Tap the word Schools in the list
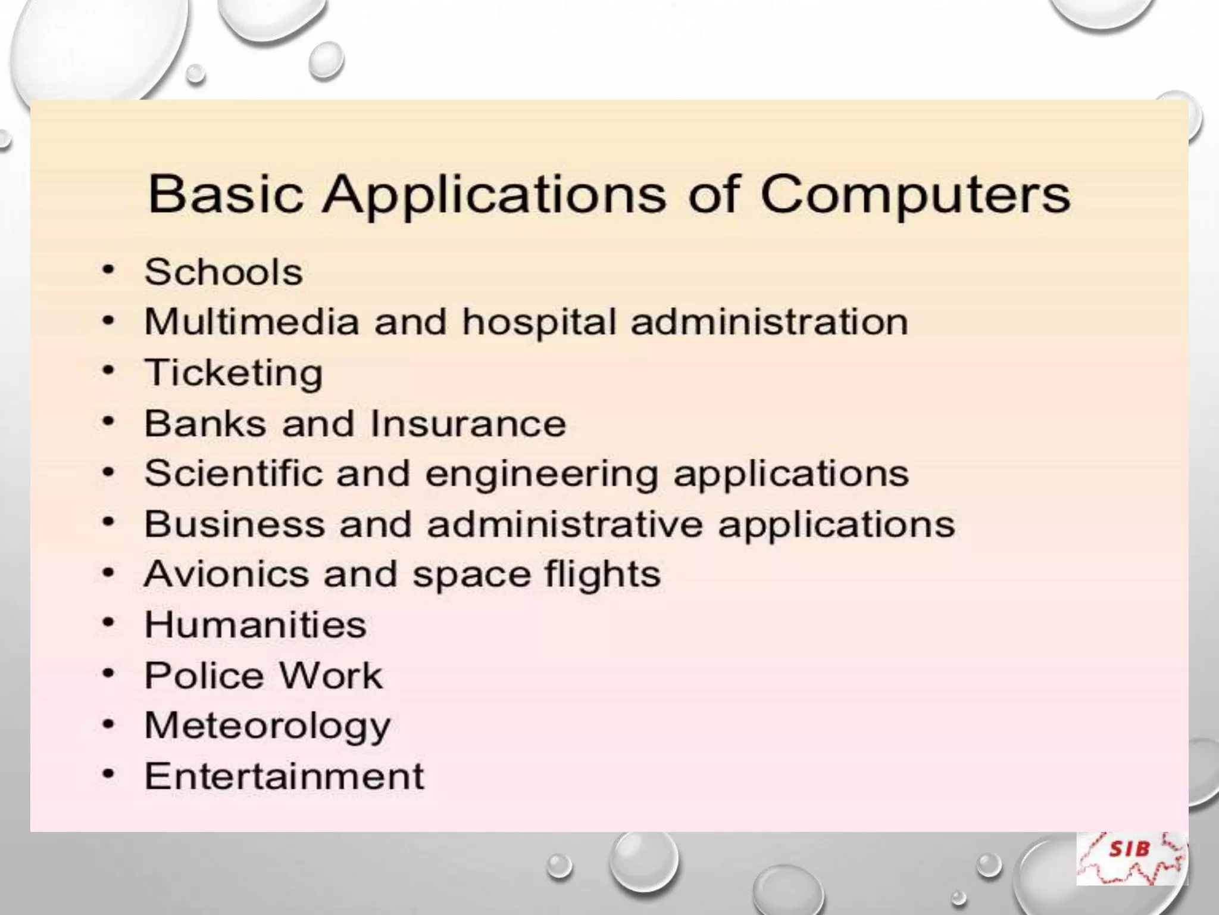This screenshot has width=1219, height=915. click(224, 272)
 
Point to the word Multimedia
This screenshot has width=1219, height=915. click(252, 322)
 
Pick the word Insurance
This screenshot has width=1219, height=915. click(468, 424)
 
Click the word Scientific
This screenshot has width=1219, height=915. click(234, 474)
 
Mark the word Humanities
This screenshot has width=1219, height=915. click(255, 625)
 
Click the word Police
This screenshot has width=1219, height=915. click(204, 676)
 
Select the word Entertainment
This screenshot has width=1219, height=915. click(285, 776)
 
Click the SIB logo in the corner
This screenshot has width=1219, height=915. click(1131, 858)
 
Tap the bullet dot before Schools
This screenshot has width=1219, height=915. click(108, 270)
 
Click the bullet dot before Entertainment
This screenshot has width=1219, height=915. click(108, 774)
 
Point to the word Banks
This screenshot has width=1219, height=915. click(205, 424)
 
